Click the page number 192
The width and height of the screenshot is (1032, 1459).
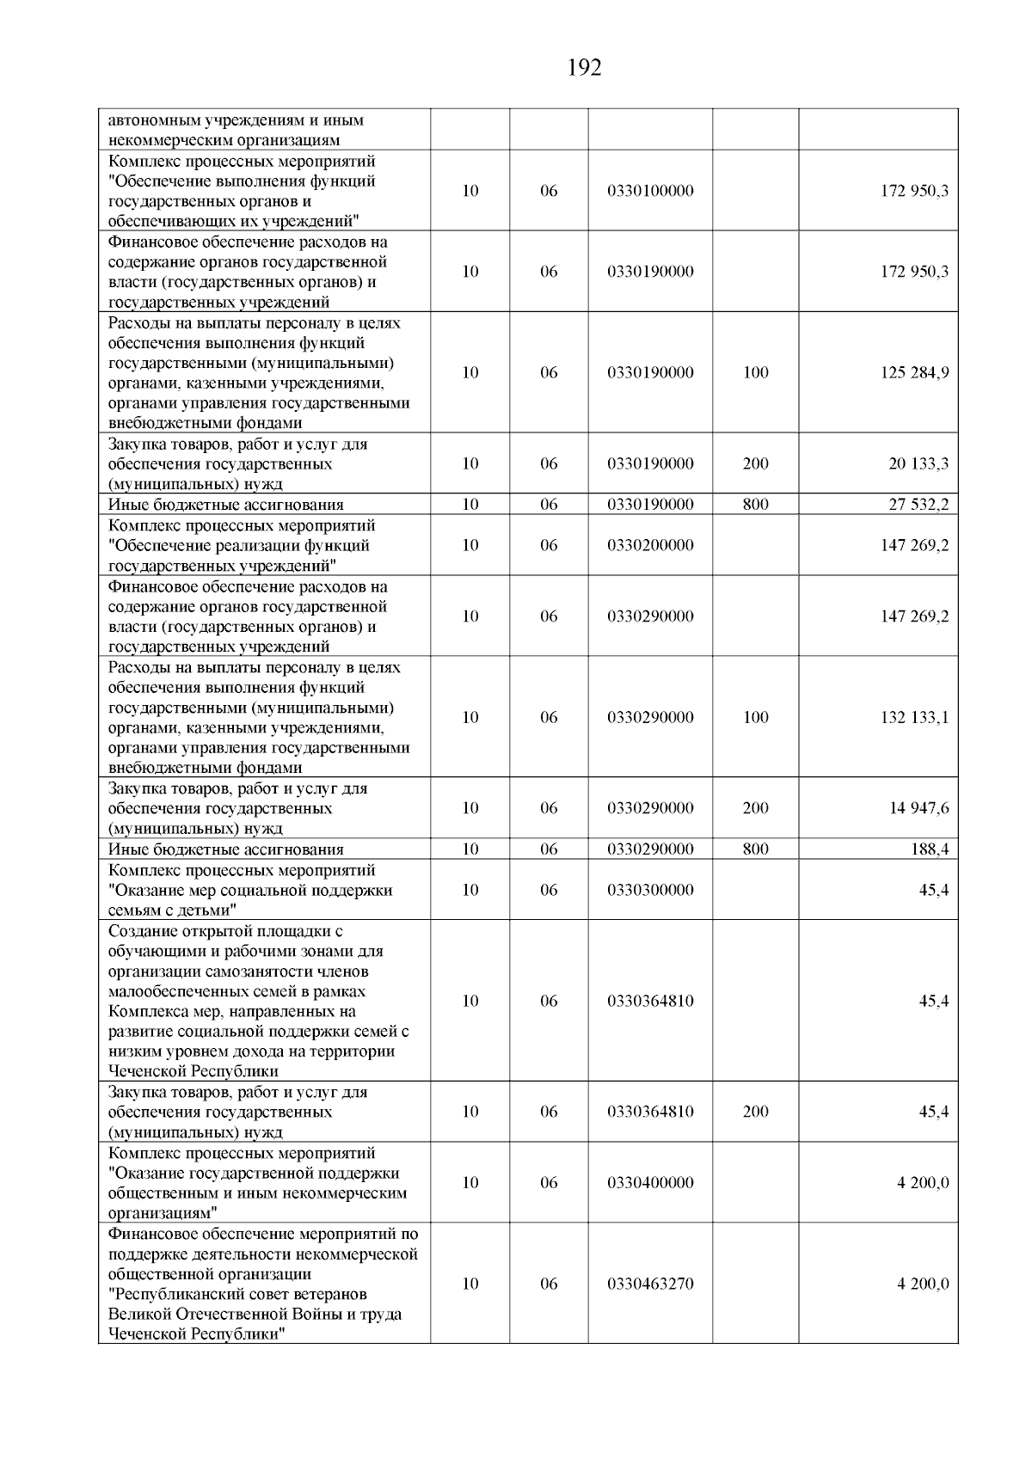585,68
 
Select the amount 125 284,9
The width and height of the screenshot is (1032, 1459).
914,373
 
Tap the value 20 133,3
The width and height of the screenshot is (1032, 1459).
918,464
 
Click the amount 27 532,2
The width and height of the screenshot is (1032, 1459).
918,505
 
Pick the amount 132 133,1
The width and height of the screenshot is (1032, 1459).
914,718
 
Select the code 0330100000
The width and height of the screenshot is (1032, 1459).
650,191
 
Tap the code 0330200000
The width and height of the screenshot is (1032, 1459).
650,546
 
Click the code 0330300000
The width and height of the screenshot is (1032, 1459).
650,890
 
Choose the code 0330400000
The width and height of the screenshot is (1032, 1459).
650,1183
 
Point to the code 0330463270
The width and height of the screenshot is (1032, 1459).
650,1284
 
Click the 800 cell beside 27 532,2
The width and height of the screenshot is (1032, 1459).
755,505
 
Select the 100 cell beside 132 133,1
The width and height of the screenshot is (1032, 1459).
755,718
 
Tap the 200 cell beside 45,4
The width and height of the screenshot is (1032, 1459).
755,1112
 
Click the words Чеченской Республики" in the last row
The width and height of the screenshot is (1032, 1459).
197,1334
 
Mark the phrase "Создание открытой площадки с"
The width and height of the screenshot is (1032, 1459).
225,932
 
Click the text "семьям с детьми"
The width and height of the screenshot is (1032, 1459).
172,910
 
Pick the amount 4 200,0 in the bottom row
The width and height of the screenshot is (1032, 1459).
923,1284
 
